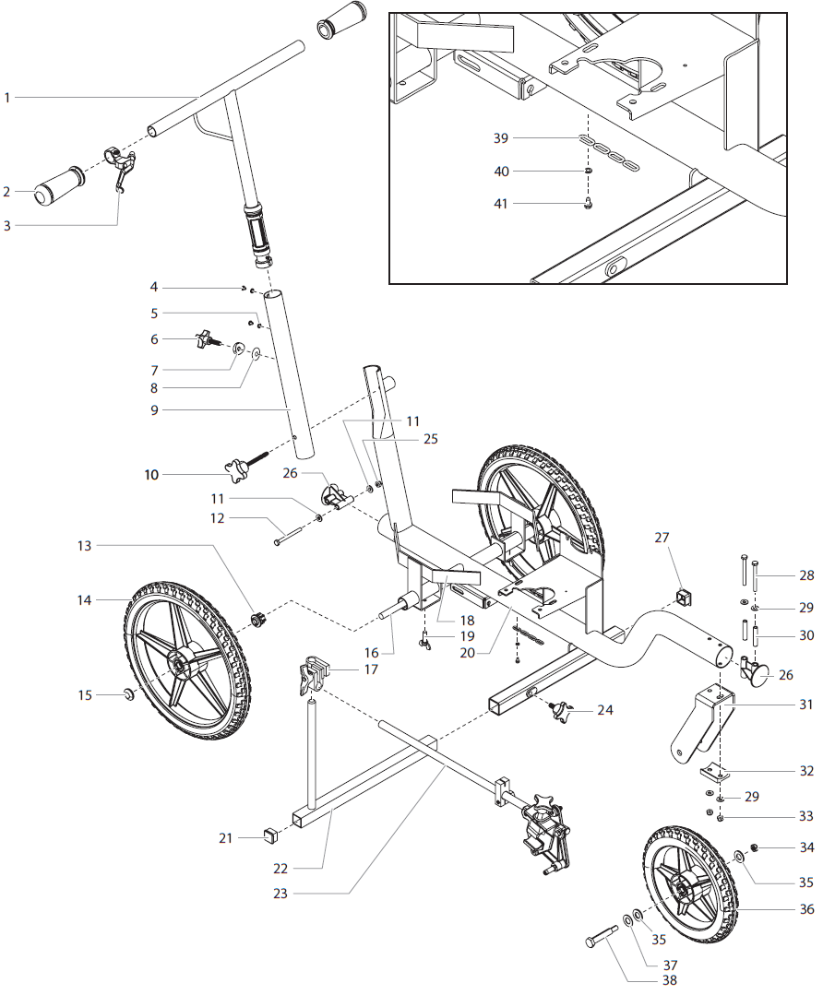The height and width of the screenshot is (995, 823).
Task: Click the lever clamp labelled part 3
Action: point(121,166)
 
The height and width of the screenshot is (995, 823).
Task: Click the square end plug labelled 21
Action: point(270,836)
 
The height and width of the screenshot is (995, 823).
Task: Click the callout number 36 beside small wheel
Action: point(807,909)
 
